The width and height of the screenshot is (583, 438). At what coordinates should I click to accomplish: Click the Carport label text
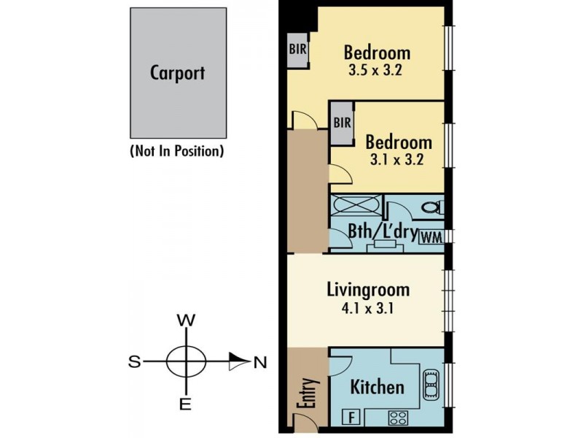177,73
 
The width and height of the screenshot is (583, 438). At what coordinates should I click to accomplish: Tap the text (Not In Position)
177,151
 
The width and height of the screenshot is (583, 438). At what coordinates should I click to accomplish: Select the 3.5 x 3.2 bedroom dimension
375,70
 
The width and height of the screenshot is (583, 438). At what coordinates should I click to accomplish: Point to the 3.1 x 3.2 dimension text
396,160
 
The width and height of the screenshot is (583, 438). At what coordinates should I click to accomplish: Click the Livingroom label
368,290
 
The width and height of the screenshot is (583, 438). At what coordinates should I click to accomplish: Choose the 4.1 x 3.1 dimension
367,308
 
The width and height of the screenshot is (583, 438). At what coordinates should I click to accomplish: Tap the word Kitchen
377,387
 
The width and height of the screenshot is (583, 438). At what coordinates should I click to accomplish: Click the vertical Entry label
308,393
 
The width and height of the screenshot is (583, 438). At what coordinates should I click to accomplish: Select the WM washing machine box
431,237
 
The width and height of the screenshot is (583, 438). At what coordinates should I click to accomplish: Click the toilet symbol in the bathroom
432,207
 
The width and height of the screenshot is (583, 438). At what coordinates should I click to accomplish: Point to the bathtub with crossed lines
356,205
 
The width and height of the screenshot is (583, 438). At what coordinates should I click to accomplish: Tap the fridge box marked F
351,417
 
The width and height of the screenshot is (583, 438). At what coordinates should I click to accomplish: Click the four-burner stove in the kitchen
398,418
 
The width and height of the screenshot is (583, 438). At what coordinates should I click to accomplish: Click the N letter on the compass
260,362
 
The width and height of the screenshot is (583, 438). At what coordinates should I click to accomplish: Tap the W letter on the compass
186,320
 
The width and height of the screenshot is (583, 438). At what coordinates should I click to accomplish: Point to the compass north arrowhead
240,361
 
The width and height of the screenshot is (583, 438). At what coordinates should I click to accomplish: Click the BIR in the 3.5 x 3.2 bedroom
297,49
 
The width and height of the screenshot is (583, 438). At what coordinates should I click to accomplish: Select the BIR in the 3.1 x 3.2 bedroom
342,123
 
